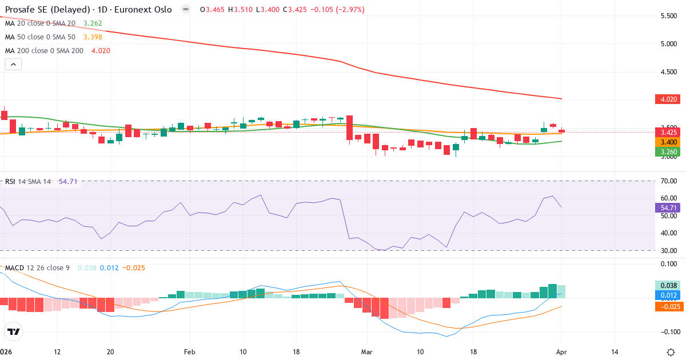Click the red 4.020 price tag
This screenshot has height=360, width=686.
coord(666,99)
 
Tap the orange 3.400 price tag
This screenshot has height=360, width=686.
coord(666,142)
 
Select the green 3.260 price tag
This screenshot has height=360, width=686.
coord(666,151)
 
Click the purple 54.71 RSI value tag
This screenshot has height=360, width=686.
coord(666,207)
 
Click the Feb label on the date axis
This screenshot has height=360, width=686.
coord(190,352)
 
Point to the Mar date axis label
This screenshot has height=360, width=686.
coord(367,352)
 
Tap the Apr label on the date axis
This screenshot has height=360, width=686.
coord(562,352)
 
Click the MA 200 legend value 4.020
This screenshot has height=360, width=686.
coord(101,50)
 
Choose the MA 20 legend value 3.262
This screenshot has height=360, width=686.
coord(93,23)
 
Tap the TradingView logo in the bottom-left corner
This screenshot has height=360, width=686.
coord(14,331)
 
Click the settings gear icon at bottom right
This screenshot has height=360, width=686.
coord(672,352)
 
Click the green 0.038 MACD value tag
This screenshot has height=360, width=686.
coord(666,285)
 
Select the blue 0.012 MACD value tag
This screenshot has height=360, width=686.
coord(666,295)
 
